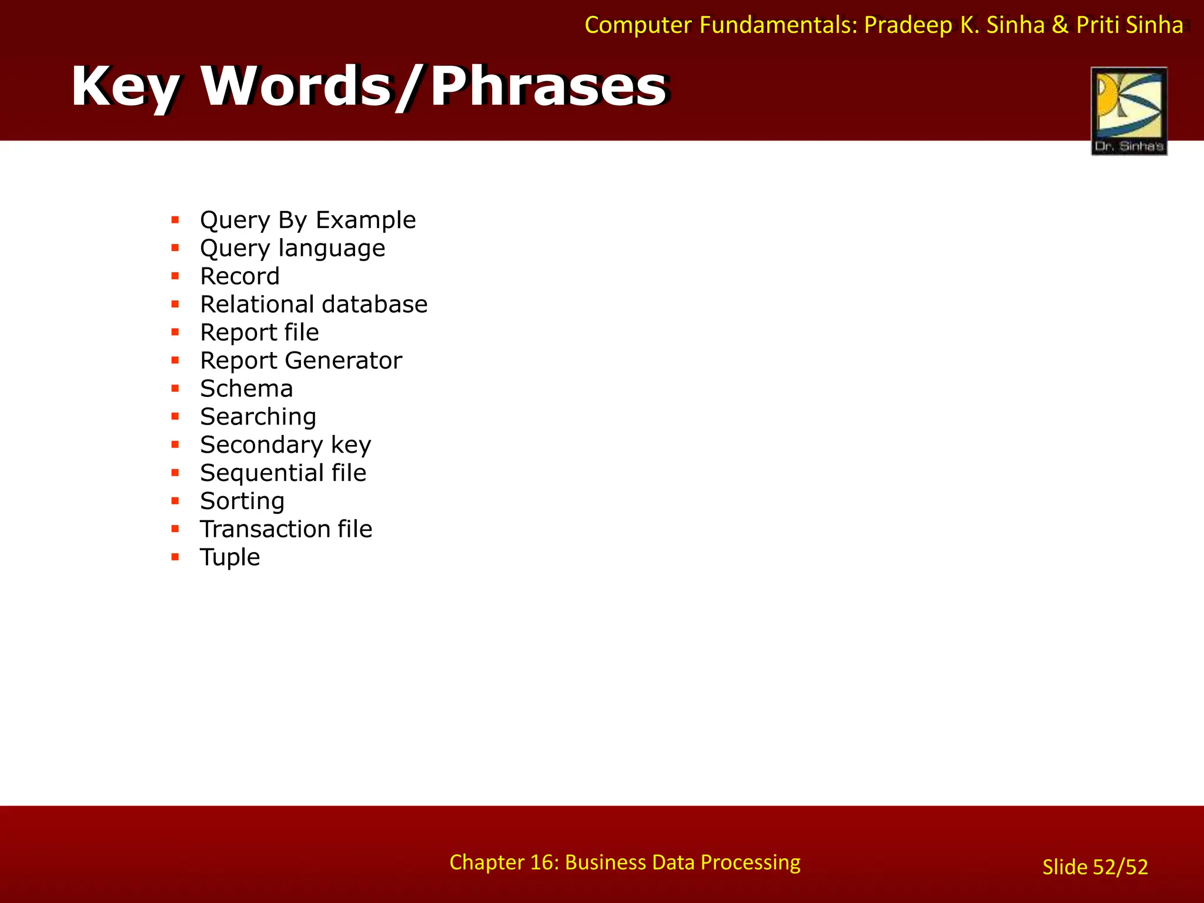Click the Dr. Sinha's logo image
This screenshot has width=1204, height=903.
click(1129, 111)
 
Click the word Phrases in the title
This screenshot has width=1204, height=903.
click(548, 87)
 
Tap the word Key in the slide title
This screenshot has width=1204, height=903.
click(125, 87)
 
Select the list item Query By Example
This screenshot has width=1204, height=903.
click(307, 220)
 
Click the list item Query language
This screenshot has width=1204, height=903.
click(292, 248)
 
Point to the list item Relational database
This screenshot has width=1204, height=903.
click(313, 305)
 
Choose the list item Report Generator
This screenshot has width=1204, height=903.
click(301, 360)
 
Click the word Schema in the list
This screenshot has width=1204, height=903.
click(246, 389)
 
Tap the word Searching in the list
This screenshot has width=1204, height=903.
click(258, 417)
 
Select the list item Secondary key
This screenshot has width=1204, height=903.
click(286, 445)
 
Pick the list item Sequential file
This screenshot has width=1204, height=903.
click(283, 473)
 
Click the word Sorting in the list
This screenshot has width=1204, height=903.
click(242, 501)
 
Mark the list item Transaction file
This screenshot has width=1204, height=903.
click(286, 529)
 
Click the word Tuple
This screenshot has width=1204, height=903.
click(230, 557)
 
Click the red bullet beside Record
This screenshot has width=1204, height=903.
click(175, 276)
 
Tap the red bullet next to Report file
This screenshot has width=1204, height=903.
click(175, 332)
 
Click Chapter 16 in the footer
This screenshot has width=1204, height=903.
click(501, 862)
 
